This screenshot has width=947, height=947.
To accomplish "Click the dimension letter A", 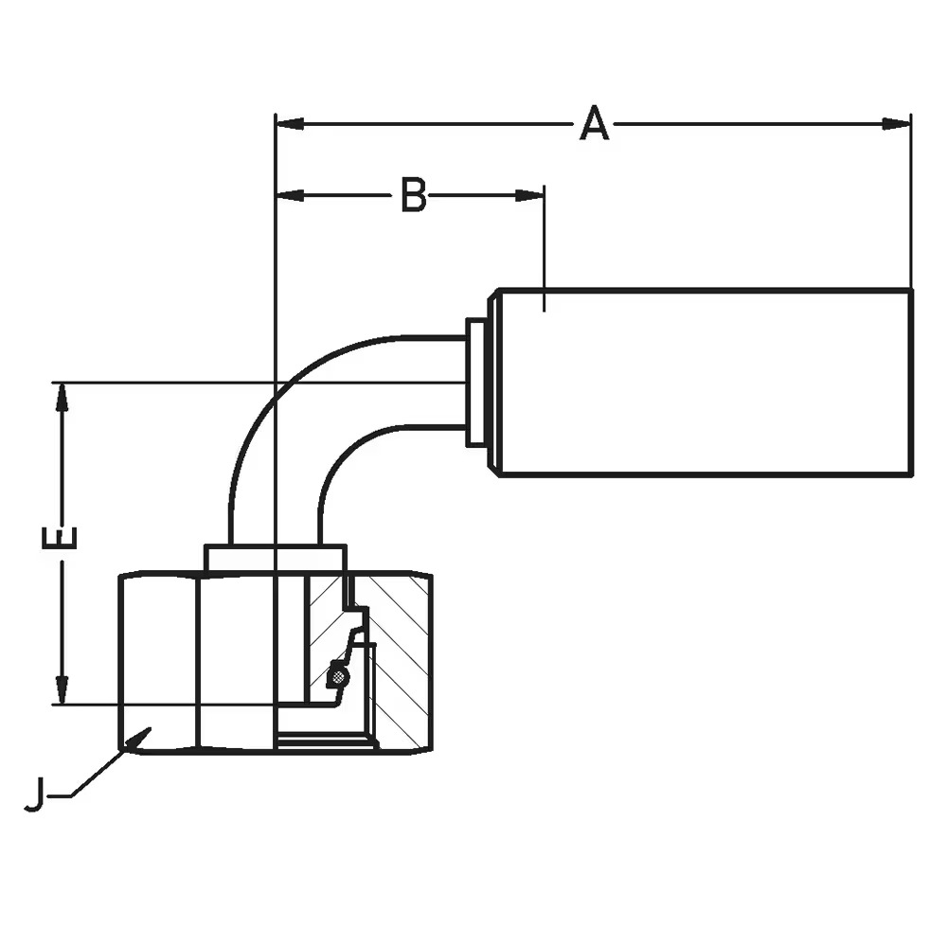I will tap(594, 124).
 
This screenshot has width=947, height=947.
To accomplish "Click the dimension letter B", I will tap(413, 196).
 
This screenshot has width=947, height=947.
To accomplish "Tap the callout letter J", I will tap(34, 794).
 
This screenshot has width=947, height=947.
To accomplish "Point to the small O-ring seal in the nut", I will tap(336, 676).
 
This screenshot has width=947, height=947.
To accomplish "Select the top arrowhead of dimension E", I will tap(63, 397).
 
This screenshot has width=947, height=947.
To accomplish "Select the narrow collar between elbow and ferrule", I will tap(476, 383).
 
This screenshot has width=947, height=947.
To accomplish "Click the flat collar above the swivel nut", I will tap(276, 558).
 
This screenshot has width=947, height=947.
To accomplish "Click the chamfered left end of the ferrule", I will tap(493, 383).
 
